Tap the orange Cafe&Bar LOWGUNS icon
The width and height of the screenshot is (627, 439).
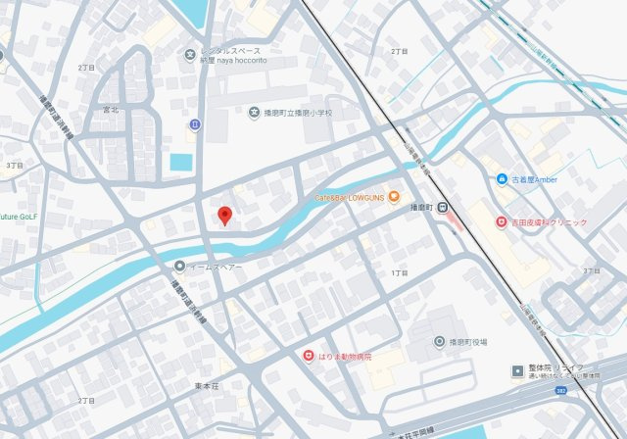[394, 197]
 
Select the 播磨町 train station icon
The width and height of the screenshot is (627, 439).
[443, 207]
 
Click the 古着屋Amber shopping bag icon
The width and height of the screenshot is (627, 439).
[502, 179]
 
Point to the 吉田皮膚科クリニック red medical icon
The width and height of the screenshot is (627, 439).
[502, 222]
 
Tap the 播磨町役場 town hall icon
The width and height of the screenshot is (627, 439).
[439, 341]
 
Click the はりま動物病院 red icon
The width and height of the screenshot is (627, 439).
[308, 356]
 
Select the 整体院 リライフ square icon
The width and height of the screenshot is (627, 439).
[516, 371]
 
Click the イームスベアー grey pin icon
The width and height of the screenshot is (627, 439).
[179, 266]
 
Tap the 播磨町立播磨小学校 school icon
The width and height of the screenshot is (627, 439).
[255, 113]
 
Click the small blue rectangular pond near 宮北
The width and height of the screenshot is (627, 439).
[181, 162]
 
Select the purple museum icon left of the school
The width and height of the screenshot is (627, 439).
[195, 123]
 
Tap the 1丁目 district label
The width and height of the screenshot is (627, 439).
[399, 272]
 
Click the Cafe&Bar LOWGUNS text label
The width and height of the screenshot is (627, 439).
[349, 197]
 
